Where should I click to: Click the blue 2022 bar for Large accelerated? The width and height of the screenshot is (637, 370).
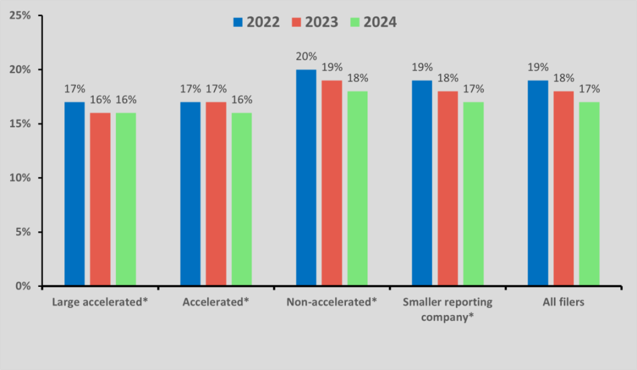click(x=74, y=194)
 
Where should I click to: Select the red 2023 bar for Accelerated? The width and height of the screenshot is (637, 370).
click(x=216, y=194)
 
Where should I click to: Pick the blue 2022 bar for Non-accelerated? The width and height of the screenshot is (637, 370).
click(x=306, y=178)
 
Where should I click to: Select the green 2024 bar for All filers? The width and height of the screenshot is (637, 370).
click(x=589, y=194)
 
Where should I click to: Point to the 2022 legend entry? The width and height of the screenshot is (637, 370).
click(x=257, y=22)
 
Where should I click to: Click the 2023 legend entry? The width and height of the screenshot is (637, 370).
click(x=315, y=22)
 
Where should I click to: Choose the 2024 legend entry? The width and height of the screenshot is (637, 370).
click(x=373, y=22)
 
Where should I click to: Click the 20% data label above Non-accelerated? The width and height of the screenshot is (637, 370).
click(x=306, y=56)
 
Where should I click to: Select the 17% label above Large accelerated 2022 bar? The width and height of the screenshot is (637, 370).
click(x=74, y=89)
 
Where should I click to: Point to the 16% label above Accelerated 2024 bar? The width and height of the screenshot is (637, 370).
click(x=241, y=100)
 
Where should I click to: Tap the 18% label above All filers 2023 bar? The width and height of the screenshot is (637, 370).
click(x=564, y=78)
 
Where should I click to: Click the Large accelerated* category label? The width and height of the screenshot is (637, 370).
click(x=100, y=302)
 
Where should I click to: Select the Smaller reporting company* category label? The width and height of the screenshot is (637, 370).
click(x=447, y=309)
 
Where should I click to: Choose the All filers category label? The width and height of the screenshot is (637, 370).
click(x=563, y=302)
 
